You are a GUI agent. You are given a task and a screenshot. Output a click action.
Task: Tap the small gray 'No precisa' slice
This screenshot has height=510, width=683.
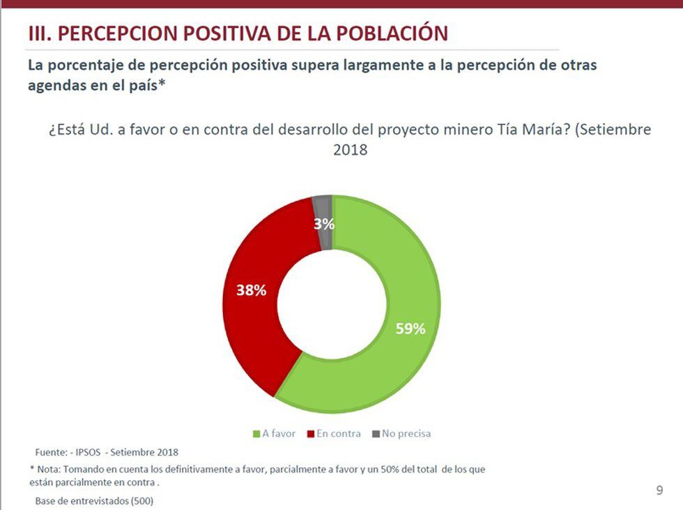tap(322, 209)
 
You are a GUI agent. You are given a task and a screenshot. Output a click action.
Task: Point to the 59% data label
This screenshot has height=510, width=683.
tap(410, 329)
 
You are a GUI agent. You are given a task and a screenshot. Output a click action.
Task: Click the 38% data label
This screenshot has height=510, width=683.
tap(251, 290)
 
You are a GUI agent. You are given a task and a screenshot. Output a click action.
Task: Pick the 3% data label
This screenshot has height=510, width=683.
tap(324, 225)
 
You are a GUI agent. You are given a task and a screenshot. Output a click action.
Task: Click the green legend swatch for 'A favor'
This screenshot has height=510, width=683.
tap(256, 434)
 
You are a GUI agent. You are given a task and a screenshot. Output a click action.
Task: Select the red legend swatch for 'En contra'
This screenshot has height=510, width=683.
tap(310, 434)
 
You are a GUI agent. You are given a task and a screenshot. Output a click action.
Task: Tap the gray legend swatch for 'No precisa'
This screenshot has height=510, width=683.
tap(376, 434)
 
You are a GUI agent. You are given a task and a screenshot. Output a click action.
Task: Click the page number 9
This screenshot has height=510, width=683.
tap(659, 490)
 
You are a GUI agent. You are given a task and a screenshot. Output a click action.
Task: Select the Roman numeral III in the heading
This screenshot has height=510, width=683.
tap(37, 33)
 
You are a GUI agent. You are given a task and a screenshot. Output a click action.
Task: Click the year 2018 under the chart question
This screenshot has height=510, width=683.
tap(350, 149)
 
